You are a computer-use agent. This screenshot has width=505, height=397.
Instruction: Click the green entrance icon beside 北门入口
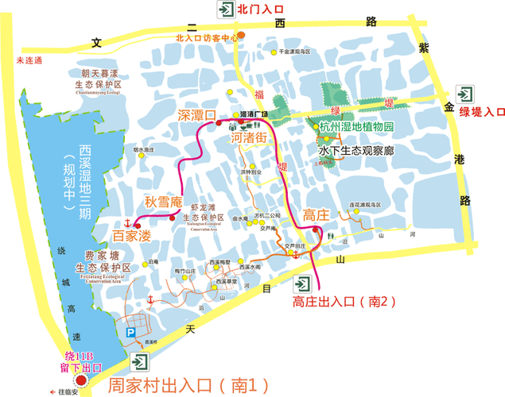click(x=225, y=10)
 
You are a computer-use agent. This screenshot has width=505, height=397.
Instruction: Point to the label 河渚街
click(x=253, y=137)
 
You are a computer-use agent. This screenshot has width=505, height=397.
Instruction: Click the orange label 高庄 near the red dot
click(x=315, y=214)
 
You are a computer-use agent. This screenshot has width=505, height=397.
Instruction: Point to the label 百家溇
click(x=131, y=236)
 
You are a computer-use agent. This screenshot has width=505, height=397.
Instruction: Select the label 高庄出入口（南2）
click(x=344, y=301)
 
